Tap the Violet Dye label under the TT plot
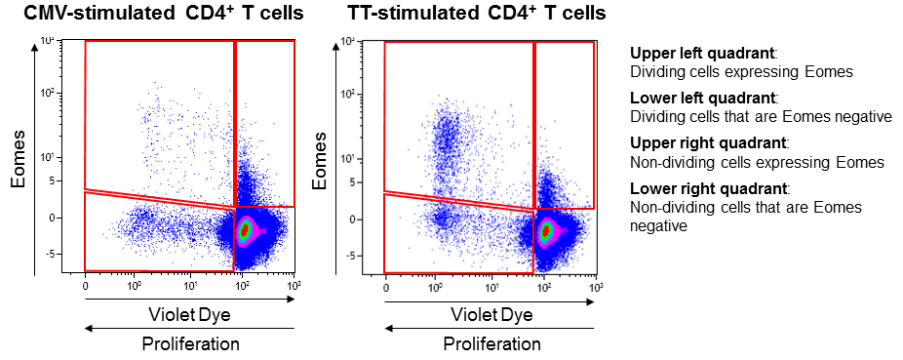click(x=491, y=315)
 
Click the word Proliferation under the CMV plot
click(x=189, y=344)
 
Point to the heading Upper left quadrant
click(x=693, y=54)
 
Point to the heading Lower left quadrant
click(x=693, y=99)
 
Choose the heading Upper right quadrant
click(x=698, y=143)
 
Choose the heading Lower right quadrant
click(x=698, y=188)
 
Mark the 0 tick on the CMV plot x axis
click(x=86, y=286)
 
